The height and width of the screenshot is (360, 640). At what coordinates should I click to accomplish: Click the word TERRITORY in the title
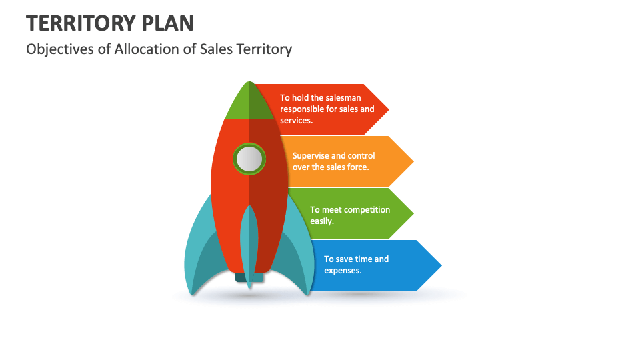pos(81,23)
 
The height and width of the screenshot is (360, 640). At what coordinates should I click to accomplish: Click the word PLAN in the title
pos(168,23)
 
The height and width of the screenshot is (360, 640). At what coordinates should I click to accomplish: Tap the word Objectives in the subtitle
pos(60,49)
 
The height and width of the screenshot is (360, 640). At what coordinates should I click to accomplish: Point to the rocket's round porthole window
pos(249,159)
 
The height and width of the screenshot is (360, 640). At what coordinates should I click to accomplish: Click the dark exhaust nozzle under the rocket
pos(249,278)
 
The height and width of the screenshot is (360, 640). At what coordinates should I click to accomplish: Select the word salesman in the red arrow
pos(343,98)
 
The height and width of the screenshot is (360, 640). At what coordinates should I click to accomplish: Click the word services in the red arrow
pos(295,121)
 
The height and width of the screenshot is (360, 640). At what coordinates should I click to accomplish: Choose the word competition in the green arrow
pos(367,210)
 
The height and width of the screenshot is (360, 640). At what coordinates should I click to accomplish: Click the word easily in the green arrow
pos(321,221)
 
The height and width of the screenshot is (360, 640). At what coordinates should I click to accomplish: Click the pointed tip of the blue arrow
pos(441,266)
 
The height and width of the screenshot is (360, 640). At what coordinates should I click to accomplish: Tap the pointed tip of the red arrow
pos(389,109)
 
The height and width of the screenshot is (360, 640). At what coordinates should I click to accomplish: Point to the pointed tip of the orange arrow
pos(413,161)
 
